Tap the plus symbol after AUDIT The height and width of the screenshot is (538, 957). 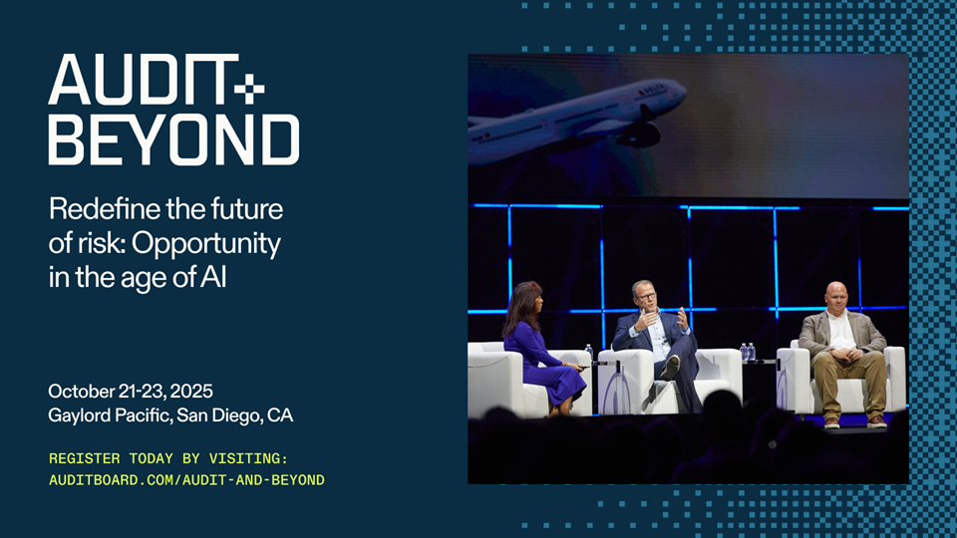tap(249, 90)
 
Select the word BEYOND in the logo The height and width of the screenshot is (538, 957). tap(173, 140)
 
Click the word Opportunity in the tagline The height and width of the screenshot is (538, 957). tap(206, 244)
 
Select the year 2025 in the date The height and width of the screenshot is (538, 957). tap(191, 391)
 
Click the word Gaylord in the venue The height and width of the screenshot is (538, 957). tap(80, 416)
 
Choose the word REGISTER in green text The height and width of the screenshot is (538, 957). tap(76, 458)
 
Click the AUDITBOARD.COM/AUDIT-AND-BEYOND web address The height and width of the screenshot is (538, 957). tap(186, 480)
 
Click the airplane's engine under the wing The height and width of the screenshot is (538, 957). tap(638, 134)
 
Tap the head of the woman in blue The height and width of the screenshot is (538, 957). tap(524, 299)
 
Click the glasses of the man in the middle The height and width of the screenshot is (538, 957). tap(646, 297)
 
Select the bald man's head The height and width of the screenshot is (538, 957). tap(835, 296)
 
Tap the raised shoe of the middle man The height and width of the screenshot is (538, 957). tap(670, 368)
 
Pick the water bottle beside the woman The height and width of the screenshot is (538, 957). tap(589, 354)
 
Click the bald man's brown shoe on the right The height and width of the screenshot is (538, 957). tap(877, 421)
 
